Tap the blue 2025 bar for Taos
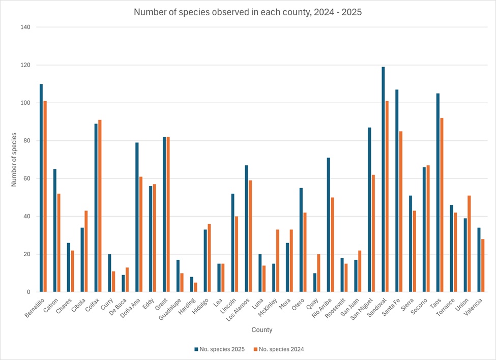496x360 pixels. click(437, 193)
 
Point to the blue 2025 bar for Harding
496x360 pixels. click(191, 284)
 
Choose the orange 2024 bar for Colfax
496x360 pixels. click(100, 206)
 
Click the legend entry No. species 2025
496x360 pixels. click(219, 349)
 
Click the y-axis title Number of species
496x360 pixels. click(14, 160)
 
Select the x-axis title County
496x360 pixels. click(261, 330)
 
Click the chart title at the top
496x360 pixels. click(248, 12)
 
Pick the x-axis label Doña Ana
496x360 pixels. click(130, 306)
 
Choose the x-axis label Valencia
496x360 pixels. click(474, 304)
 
